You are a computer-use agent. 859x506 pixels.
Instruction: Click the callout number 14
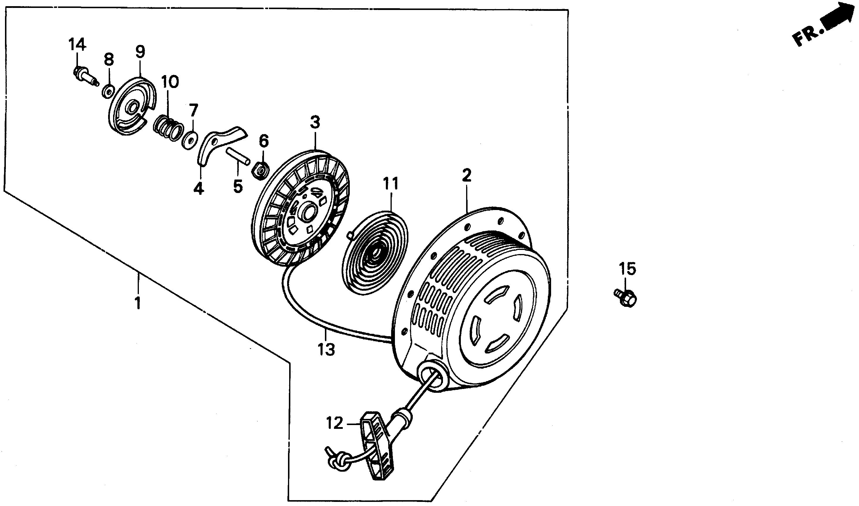(x=77, y=45)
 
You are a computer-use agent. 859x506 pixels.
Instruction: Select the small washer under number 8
(x=108, y=92)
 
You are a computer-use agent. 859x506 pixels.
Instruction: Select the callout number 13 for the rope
(x=326, y=349)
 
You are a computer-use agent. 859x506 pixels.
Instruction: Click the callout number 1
(x=138, y=303)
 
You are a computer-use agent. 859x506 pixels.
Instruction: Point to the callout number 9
(x=140, y=52)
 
